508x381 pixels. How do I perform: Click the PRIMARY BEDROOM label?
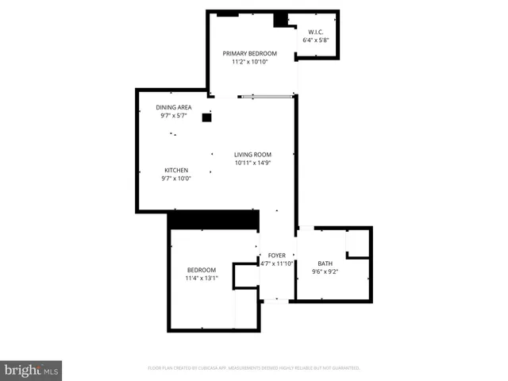(x=249, y=53)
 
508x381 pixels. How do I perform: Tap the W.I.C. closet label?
(x=316, y=32)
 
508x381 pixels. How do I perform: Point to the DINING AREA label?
(x=173, y=107)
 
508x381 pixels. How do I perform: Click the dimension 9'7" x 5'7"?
(x=173, y=116)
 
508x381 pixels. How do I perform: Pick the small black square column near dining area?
(x=206, y=117)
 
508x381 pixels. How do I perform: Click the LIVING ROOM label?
(x=252, y=155)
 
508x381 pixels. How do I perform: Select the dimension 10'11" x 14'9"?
(x=252, y=164)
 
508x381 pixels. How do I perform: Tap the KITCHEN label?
(x=176, y=170)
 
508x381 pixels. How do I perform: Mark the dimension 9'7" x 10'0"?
(x=176, y=179)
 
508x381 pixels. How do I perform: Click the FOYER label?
(x=276, y=256)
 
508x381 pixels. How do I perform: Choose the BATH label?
(x=325, y=264)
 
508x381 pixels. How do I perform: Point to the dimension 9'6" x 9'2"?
(x=325, y=272)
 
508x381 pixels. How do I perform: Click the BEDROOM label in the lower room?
(x=201, y=270)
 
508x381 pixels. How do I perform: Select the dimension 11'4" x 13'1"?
(x=201, y=279)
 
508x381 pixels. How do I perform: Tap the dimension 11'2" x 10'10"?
(x=249, y=62)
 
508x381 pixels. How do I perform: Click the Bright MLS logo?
(x=31, y=370)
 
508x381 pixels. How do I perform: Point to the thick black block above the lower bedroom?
(x=215, y=220)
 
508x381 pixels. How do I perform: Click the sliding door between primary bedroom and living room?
(x=267, y=97)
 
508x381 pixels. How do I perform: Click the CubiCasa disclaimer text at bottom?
(x=254, y=368)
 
